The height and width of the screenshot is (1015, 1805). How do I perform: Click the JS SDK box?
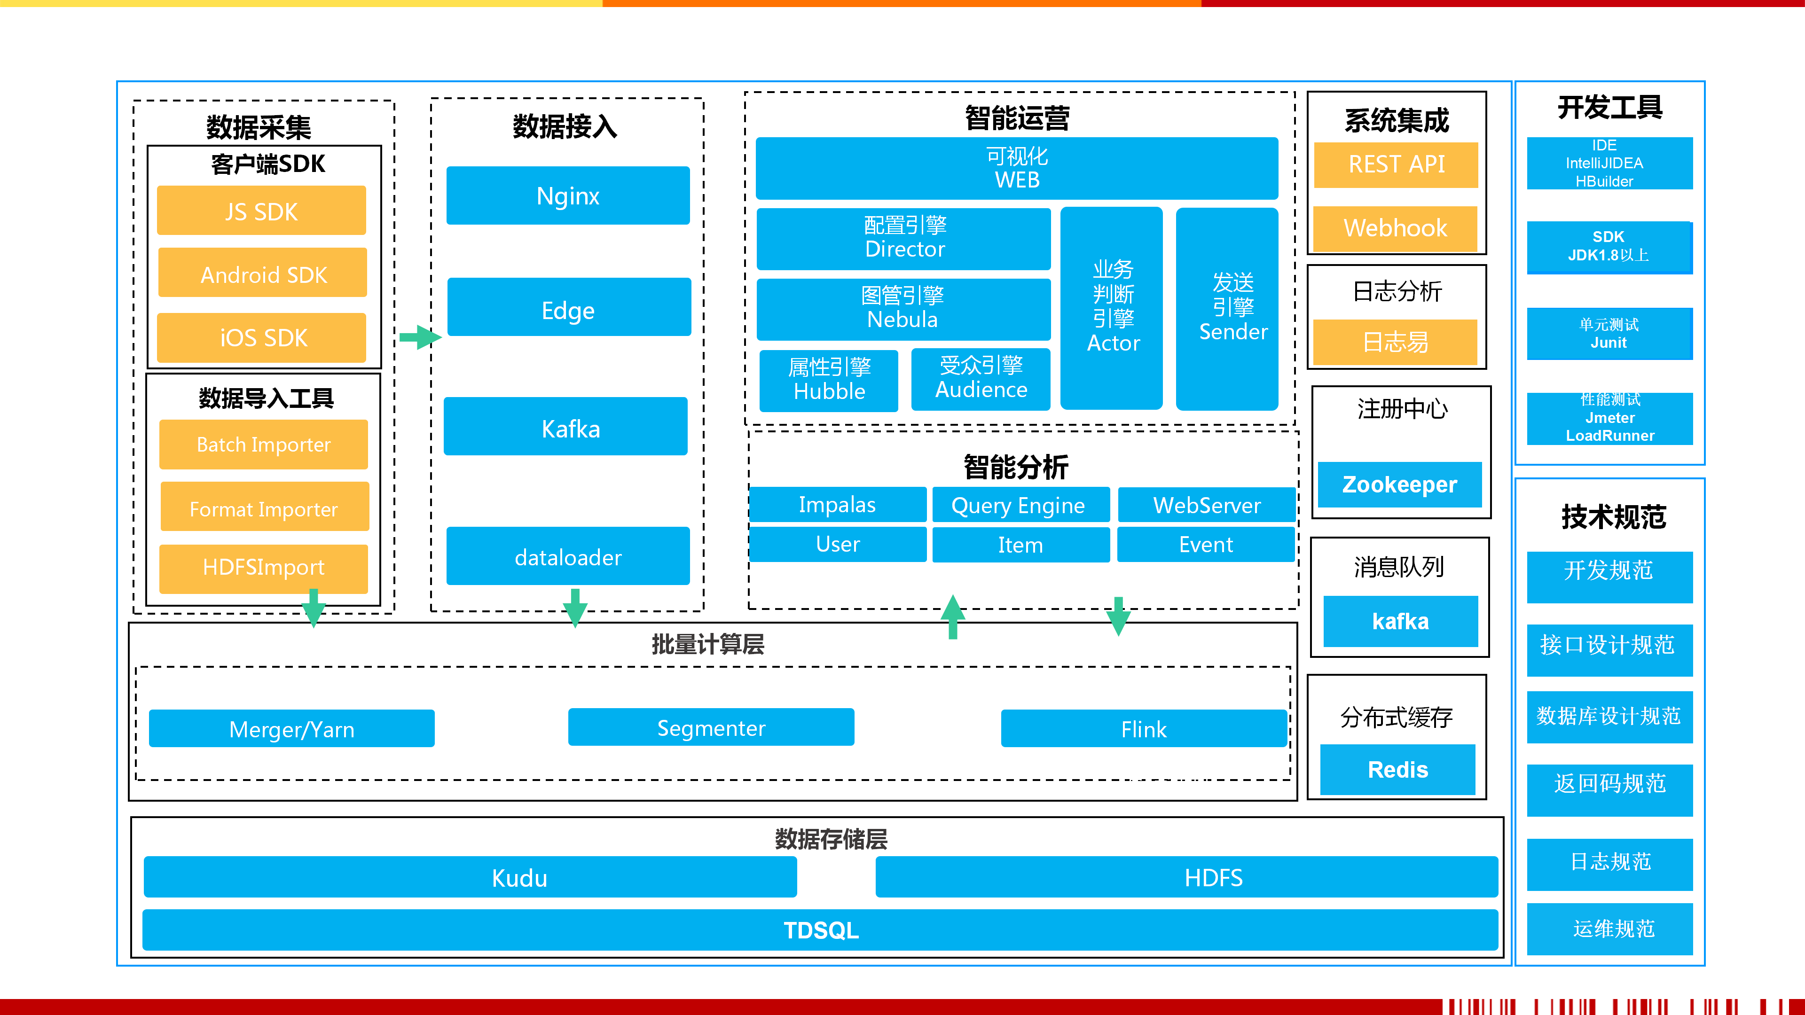(x=261, y=211)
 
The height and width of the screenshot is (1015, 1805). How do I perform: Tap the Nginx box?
(x=567, y=195)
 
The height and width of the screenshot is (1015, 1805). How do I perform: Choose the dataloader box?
(x=567, y=556)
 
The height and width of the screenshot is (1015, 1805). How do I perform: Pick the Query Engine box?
(x=1020, y=505)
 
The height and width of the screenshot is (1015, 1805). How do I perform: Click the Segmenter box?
(x=711, y=728)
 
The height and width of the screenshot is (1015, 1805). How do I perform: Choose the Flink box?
(x=1144, y=728)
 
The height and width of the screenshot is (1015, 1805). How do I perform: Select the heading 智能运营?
(x=1017, y=117)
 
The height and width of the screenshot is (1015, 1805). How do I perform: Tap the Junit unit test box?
(x=1609, y=334)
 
